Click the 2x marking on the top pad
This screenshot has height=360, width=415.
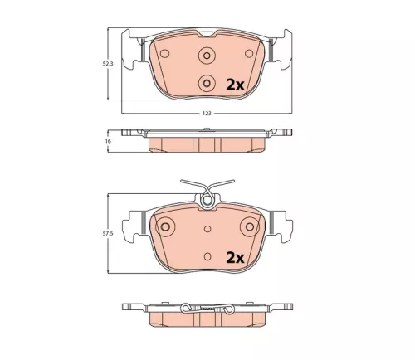point(235,84)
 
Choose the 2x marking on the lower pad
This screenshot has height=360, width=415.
point(235,257)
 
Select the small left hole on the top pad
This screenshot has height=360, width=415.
point(164,55)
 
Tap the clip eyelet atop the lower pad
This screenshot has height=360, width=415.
point(207,199)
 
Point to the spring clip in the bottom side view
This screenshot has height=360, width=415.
point(207,309)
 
